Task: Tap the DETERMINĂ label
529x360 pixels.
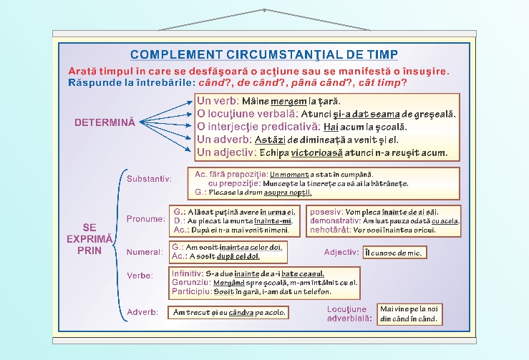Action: coord(105,122)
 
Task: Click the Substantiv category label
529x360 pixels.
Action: coord(149,178)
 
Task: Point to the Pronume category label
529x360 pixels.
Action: coord(145,218)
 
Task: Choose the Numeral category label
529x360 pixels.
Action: coord(145,252)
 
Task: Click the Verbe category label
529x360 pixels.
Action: coord(140,276)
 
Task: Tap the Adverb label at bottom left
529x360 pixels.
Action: coord(142,313)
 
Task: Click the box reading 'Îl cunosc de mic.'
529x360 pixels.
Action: coord(394,253)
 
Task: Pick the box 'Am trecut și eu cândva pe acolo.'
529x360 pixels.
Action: coord(228,313)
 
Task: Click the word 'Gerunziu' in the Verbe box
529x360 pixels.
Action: coord(188,283)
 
